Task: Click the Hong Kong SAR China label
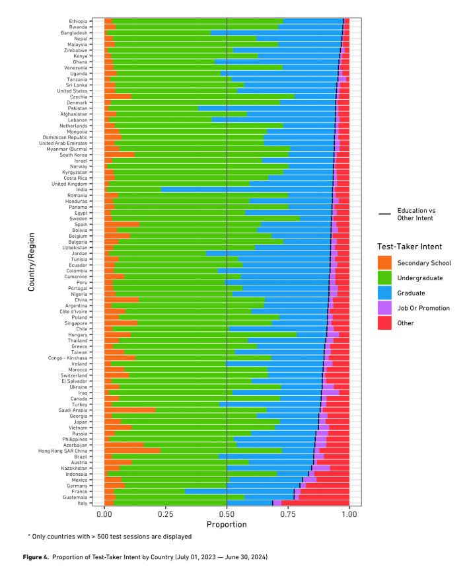73,451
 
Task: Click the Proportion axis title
227,524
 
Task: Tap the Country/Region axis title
31,261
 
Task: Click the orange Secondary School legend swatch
384,263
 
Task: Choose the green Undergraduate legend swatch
384,278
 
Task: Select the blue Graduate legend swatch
384,293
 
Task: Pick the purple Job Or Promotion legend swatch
384,308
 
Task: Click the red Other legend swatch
384,323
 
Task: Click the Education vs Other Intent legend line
384,214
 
